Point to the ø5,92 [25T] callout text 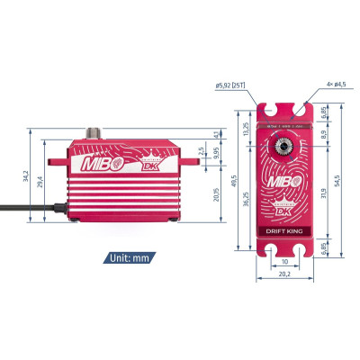pos(232,86)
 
